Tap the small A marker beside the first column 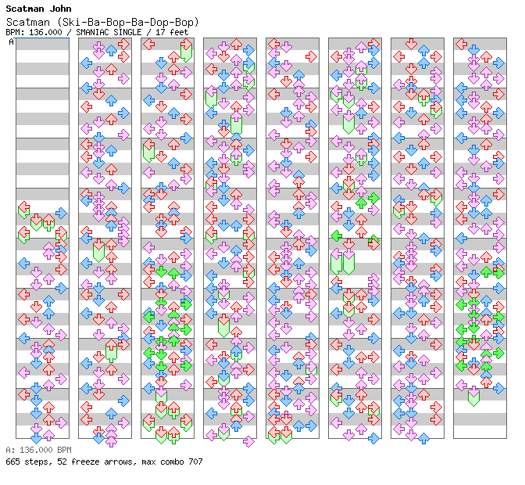[x=11, y=41]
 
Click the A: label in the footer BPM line [x=9, y=451]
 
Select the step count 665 [x=12, y=462]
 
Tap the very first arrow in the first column [x=23, y=207]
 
